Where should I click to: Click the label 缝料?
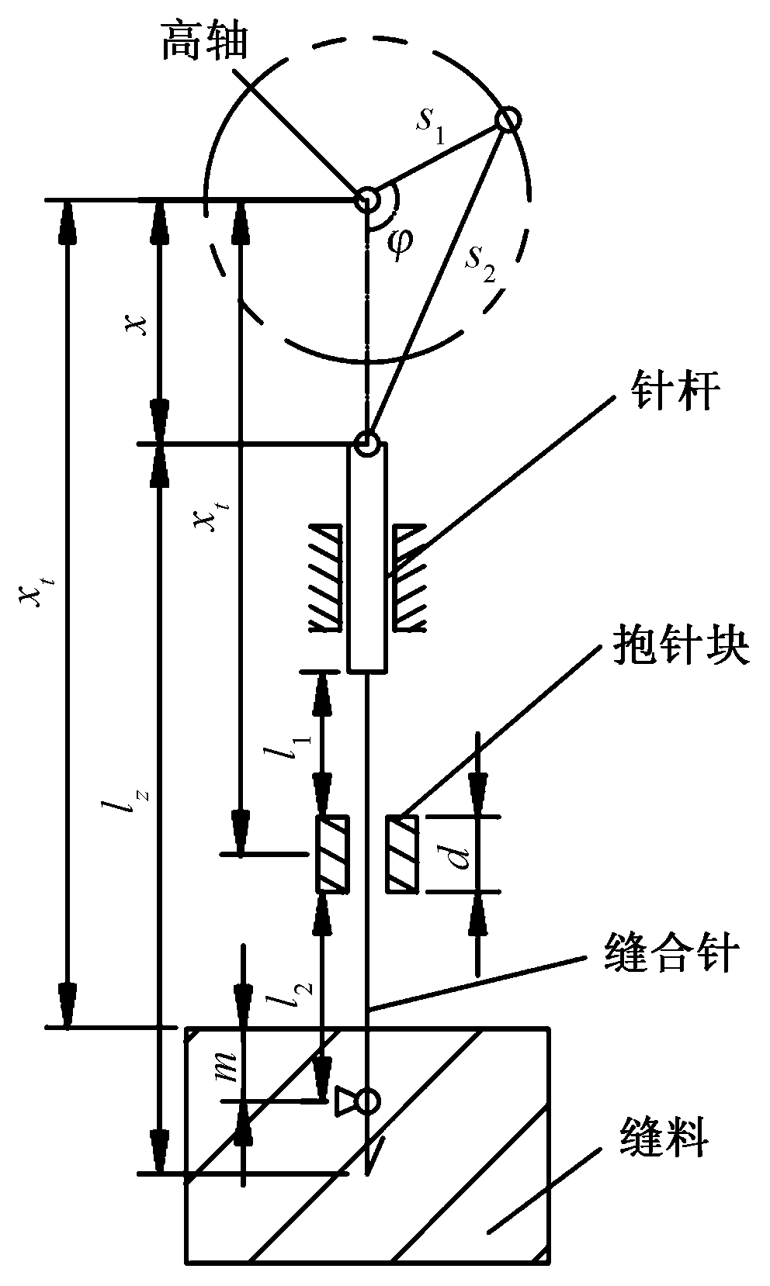[x=664, y=1140]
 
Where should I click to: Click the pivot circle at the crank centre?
[x=365, y=200]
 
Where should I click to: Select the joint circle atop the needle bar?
[x=366, y=444]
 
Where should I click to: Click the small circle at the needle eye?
[x=368, y=1101]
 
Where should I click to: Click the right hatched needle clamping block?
[x=403, y=854]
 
